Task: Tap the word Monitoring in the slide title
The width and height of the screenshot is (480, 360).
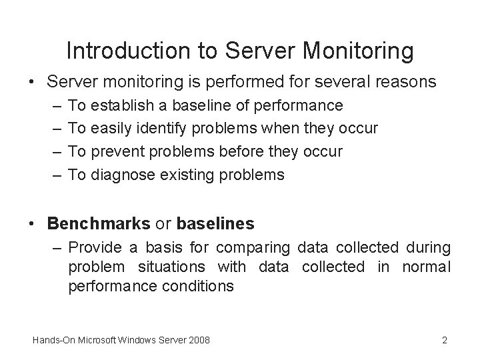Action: [363, 51]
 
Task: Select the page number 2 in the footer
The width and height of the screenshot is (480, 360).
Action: [444, 341]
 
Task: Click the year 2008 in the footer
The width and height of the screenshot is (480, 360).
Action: [199, 341]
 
